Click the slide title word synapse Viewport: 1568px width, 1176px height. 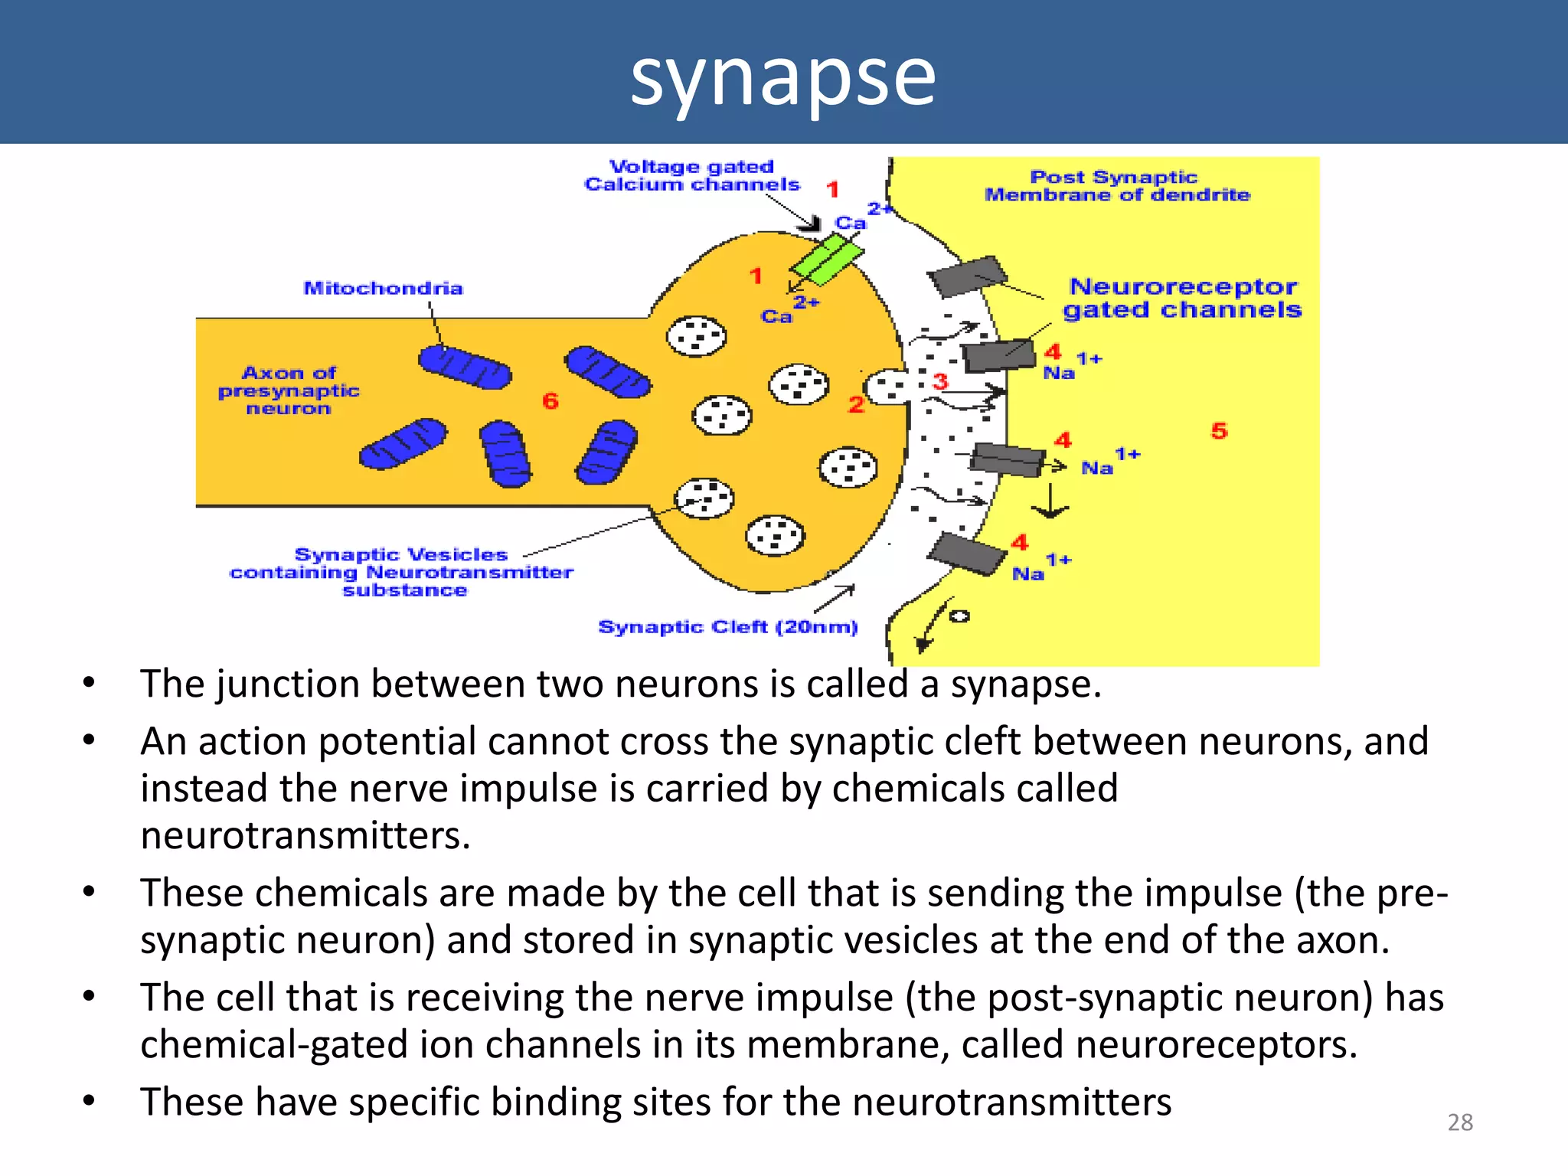click(x=782, y=77)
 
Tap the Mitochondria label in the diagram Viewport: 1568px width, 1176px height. click(x=383, y=289)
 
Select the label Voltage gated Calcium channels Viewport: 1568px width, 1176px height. click(x=691, y=176)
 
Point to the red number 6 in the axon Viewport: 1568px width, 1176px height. click(x=550, y=400)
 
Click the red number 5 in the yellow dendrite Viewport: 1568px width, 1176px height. click(x=1219, y=430)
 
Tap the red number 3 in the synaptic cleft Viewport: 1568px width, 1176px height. click(x=940, y=381)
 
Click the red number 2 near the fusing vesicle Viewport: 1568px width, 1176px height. click(x=856, y=404)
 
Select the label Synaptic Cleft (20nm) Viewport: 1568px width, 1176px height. click(x=727, y=627)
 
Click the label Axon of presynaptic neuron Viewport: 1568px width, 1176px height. click(x=289, y=390)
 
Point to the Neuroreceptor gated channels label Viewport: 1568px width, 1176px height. click(x=1183, y=299)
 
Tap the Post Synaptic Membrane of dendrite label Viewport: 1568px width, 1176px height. click(x=1116, y=186)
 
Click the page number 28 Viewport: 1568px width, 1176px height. click(x=1460, y=1122)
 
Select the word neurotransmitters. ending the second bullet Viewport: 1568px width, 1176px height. click(x=305, y=835)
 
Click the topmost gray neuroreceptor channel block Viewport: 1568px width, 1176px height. click(x=967, y=276)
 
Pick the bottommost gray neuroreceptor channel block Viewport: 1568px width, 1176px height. click(x=967, y=553)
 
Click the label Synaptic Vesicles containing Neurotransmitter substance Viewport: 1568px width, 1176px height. click(x=401, y=572)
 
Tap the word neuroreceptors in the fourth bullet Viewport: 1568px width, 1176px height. click(x=1216, y=1045)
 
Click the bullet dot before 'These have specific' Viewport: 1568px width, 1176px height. click(x=90, y=1101)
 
